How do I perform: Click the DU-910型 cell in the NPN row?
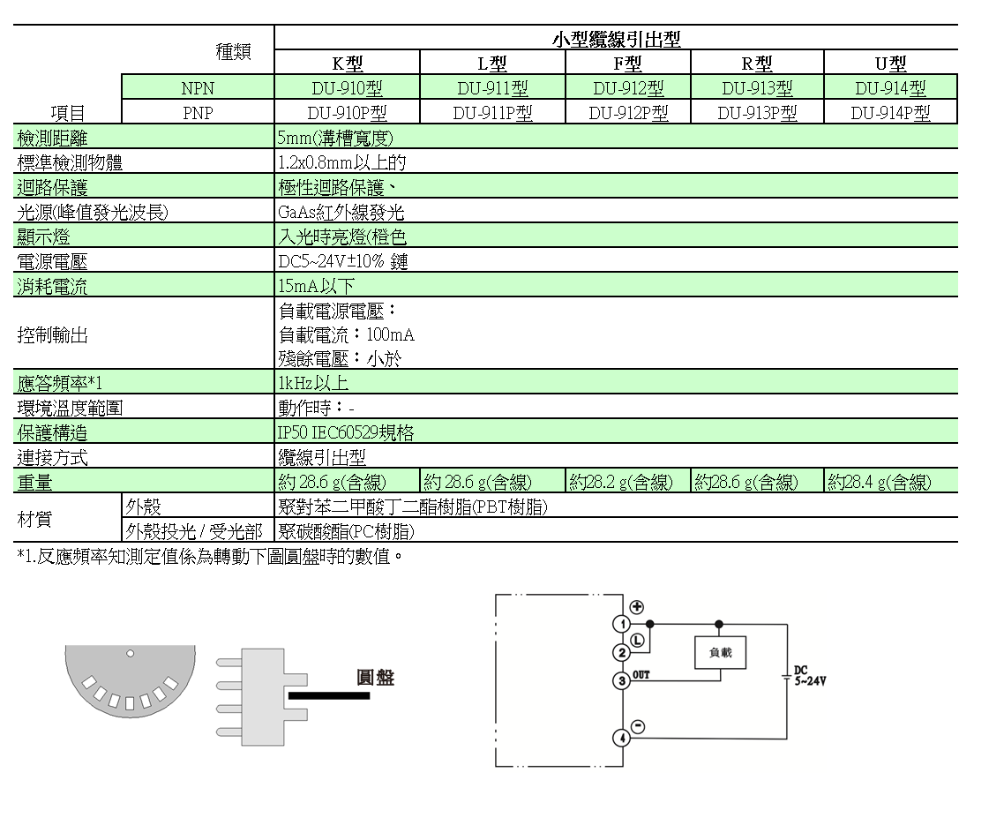[x=347, y=88]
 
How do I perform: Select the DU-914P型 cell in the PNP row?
[x=890, y=113]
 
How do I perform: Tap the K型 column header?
[x=347, y=64]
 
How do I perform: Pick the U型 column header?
[x=890, y=64]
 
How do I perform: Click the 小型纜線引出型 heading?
[x=616, y=39]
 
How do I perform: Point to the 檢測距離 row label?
[x=53, y=138]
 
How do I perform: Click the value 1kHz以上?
[x=313, y=383]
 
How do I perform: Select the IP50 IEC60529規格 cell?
[x=346, y=433]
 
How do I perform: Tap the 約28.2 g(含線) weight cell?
[x=621, y=482]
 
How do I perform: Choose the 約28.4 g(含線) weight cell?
[x=880, y=482]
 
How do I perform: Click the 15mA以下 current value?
[x=316, y=286]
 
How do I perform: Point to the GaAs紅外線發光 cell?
[x=341, y=213]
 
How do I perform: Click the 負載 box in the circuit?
[x=720, y=652]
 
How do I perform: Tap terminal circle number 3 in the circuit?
[x=622, y=680]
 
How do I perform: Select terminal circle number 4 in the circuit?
[x=622, y=738]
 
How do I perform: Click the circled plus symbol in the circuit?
[x=636, y=607]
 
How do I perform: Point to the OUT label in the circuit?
[x=641, y=675]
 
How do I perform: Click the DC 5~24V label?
[x=809, y=676]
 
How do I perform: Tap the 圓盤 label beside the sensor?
[x=375, y=678]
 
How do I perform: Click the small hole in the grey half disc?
[x=130, y=654]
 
